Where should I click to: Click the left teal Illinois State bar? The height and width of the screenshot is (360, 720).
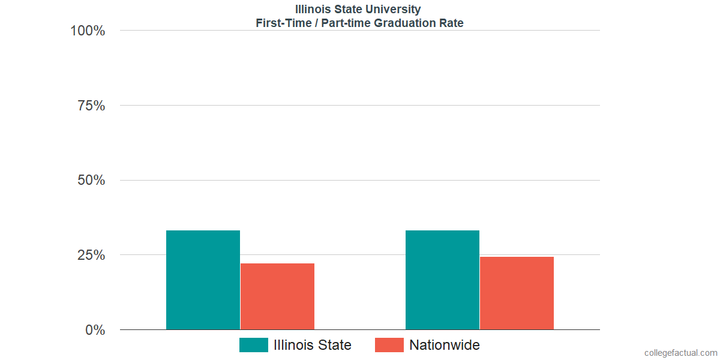pyautogui.click(x=203, y=280)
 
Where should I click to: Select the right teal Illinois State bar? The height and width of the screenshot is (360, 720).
pyautogui.click(x=442, y=280)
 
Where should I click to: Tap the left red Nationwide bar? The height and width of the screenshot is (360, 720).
pyautogui.click(x=277, y=296)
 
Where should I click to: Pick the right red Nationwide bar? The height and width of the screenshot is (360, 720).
pyautogui.click(x=517, y=293)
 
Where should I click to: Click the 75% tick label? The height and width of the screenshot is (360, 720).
pyautogui.click(x=91, y=106)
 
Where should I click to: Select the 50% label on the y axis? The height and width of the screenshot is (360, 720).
pyautogui.click(x=91, y=180)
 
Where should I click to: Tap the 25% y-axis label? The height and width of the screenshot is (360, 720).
pyautogui.click(x=91, y=255)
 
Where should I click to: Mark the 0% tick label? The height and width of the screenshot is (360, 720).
pyautogui.click(x=95, y=330)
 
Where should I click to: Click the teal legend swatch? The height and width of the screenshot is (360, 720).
pyautogui.click(x=253, y=345)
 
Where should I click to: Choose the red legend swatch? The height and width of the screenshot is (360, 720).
pyautogui.click(x=389, y=345)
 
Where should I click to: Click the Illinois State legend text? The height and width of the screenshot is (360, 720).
pyautogui.click(x=312, y=345)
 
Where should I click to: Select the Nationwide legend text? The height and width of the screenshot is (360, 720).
pyautogui.click(x=445, y=345)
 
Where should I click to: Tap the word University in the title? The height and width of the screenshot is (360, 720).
pyautogui.click(x=396, y=10)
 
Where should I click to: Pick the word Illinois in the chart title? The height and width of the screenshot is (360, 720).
pyautogui.click(x=313, y=10)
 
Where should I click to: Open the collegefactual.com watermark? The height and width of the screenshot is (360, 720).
pyautogui.click(x=680, y=353)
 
